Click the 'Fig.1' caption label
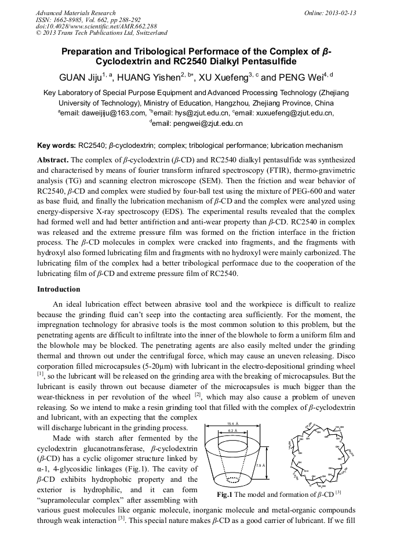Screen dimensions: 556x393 click(224, 495)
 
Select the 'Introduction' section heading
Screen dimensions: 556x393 click(59, 289)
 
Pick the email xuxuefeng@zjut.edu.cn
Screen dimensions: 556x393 click(296, 113)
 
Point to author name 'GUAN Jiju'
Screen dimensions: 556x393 click(80, 78)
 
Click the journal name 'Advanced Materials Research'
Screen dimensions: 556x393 click(75, 13)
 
